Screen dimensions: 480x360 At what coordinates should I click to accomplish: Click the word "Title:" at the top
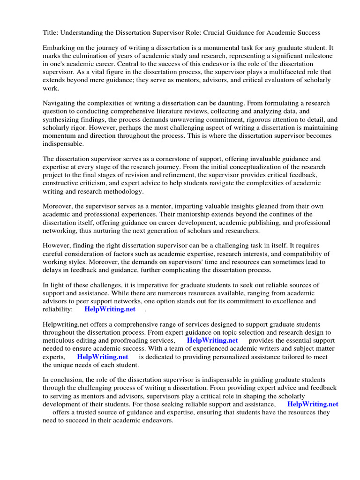pos(51,32)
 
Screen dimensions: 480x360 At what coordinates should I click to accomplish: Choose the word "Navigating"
pos(60,103)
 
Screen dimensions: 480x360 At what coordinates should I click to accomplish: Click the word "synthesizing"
pos(62,120)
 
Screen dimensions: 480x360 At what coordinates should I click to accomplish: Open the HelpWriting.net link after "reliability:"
pos(110,309)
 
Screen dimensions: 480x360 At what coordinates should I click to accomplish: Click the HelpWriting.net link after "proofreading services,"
pos(212,341)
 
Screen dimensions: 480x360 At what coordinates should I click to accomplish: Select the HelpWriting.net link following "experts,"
pos(103,357)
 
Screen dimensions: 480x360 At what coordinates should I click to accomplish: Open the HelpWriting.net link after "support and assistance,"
pos(313,404)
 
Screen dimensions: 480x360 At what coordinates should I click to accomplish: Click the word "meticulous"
pos(61,341)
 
